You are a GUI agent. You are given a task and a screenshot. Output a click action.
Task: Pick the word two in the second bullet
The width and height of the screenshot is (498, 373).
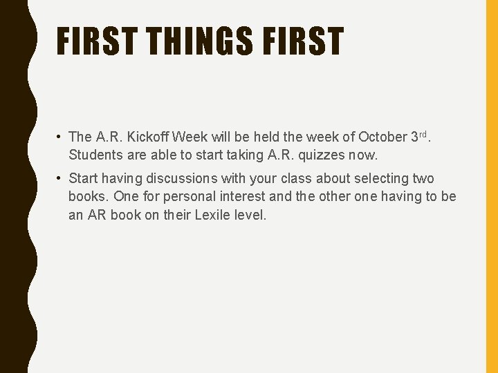[423, 179]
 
